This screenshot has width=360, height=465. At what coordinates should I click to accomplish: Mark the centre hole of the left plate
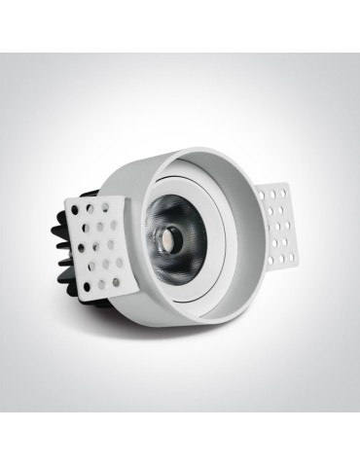click(x=102, y=240)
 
